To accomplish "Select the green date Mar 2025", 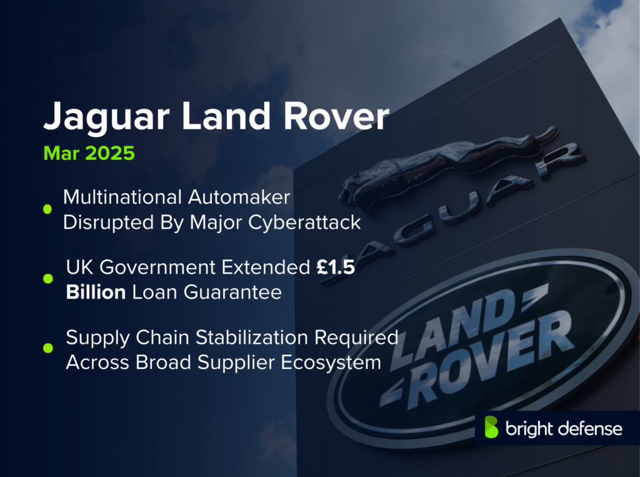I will pos(88,153).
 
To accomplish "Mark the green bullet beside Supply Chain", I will pos(47,349).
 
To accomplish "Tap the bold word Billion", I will pos(96,292).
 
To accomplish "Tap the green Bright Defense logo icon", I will pos(492,428).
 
